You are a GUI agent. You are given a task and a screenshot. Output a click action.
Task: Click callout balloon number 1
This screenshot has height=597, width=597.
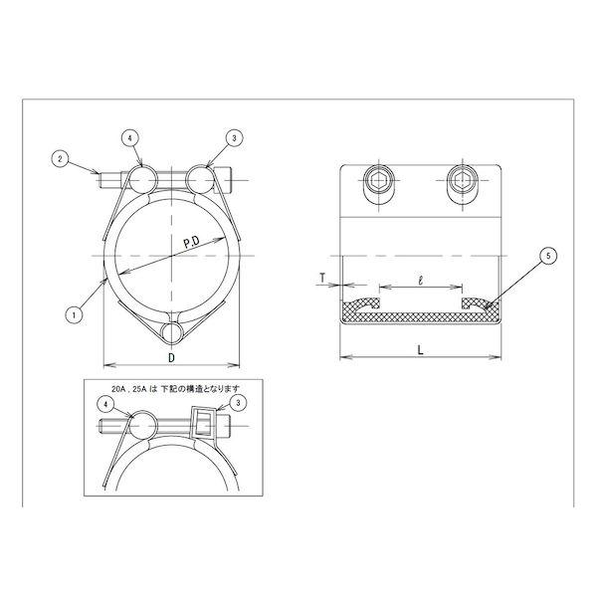(x=75, y=315)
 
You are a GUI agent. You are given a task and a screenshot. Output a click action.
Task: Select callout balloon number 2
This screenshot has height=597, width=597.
(x=60, y=159)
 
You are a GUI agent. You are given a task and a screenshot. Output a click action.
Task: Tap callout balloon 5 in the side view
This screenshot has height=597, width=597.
(x=548, y=256)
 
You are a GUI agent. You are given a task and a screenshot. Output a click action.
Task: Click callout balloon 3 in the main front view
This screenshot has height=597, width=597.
(x=234, y=138)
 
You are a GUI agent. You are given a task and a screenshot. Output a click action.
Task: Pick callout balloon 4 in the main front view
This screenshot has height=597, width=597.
(x=130, y=138)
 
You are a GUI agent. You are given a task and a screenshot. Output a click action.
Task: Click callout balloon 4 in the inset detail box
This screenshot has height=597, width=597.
(x=106, y=405)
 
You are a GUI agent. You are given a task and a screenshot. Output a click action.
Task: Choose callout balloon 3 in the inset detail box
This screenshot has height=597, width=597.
(x=238, y=403)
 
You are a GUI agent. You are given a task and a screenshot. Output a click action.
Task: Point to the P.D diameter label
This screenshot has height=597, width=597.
(x=192, y=242)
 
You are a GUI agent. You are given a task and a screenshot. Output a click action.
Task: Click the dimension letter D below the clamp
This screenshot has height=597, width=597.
(x=172, y=358)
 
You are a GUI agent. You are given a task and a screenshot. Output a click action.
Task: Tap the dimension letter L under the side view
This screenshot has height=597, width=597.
(x=420, y=350)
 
